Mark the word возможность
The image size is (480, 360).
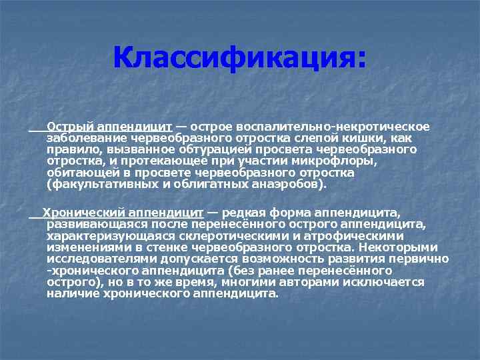(x=264, y=259)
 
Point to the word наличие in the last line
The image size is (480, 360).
(x=72, y=293)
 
